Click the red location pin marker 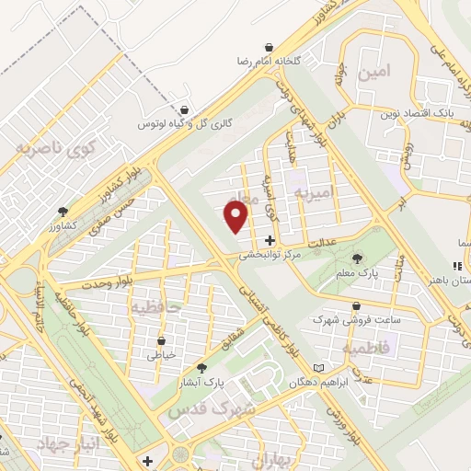tap(236, 217)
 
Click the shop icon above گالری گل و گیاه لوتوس tap(187, 109)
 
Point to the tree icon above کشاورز tap(63, 211)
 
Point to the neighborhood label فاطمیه tap(367, 348)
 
